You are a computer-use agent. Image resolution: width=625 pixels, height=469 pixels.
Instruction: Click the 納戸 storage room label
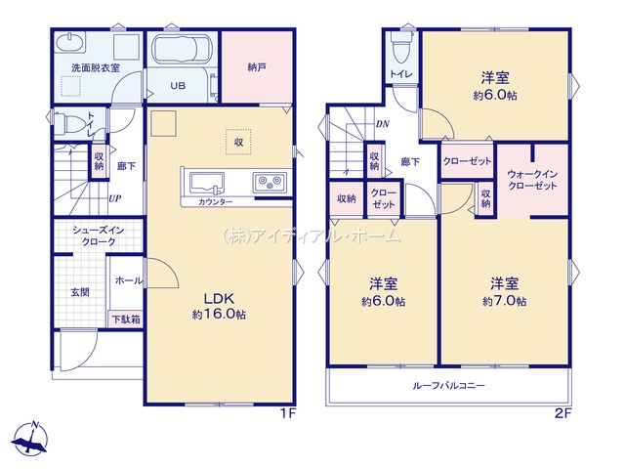257,67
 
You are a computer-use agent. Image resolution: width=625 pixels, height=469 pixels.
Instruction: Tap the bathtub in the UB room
182,49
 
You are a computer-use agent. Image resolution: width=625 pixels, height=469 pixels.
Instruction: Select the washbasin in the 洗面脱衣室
69,43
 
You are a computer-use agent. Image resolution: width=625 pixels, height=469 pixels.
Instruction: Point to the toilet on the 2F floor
401,47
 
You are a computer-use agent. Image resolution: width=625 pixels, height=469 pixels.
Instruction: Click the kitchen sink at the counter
206,183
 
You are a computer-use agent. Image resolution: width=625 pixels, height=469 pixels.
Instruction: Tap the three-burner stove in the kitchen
270,183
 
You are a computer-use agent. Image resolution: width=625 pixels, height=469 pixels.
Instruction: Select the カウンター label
215,202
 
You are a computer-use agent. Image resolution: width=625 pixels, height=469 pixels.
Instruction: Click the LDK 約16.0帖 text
219,306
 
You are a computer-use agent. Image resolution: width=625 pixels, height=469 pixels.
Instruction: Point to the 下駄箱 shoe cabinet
126,320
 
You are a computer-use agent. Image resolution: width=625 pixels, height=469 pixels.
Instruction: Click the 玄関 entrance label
80,292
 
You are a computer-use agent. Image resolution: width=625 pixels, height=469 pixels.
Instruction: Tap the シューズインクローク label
99,235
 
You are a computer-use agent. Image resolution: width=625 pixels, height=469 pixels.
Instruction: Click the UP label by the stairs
115,198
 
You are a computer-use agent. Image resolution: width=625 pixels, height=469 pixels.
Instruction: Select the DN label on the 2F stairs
383,124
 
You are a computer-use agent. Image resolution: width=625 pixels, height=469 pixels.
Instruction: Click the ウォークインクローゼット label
532,180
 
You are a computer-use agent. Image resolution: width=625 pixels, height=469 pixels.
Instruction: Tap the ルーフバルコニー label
449,386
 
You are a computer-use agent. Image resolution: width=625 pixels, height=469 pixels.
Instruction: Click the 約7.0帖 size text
504,301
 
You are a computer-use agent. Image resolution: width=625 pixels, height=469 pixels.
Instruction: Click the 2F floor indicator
563,413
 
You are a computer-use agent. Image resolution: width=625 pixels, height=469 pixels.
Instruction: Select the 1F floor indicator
287,413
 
